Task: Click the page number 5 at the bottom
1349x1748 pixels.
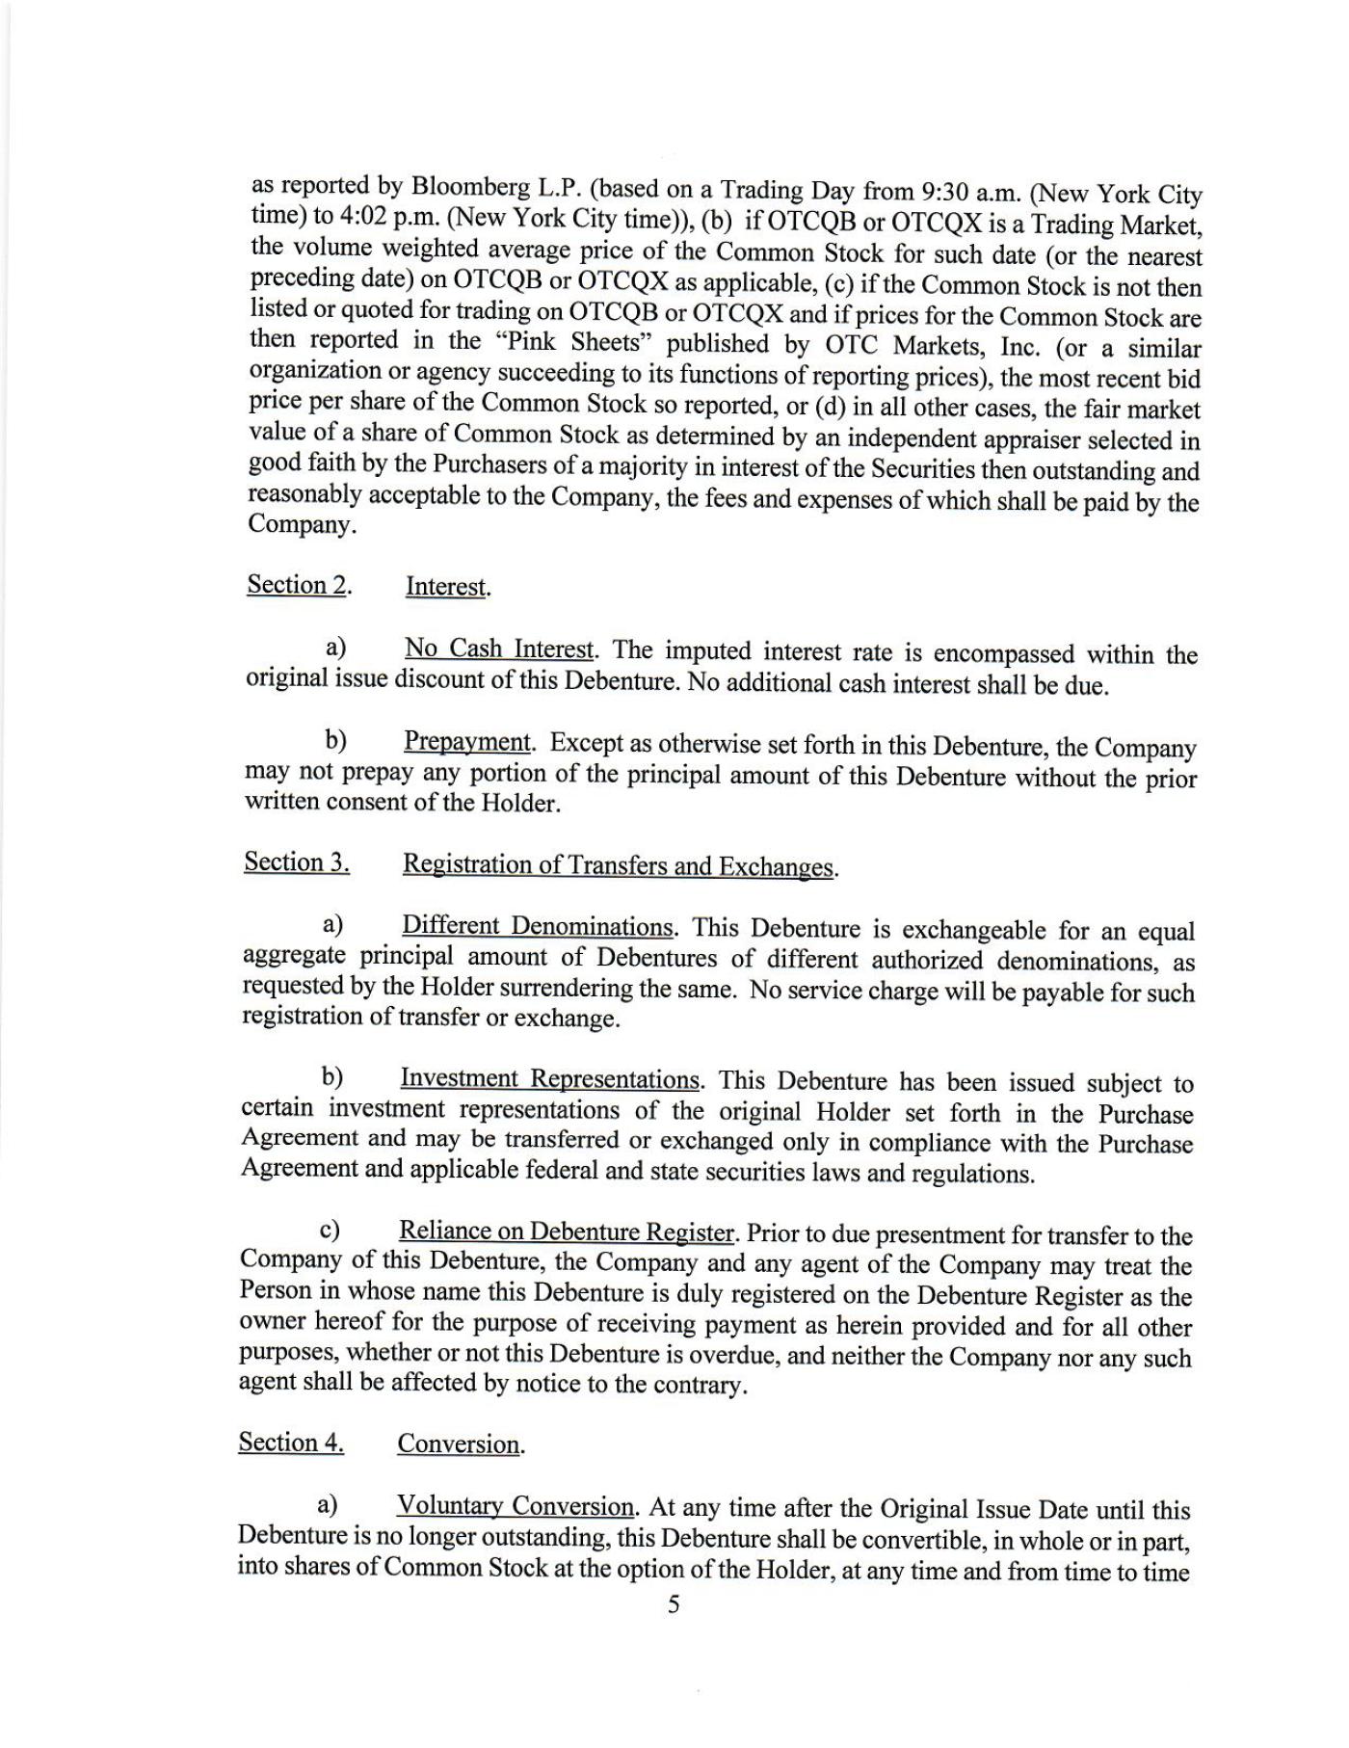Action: click(674, 1604)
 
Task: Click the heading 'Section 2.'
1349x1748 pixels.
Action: click(299, 585)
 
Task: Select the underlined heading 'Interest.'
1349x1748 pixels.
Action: click(448, 587)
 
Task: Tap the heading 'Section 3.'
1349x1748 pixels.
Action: click(297, 862)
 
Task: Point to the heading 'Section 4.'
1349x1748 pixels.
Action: click(291, 1443)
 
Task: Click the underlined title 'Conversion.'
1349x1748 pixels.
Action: click(461, 1444)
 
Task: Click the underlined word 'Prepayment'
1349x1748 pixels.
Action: click(467, 742)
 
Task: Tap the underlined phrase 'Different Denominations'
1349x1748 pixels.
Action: click(538, 927)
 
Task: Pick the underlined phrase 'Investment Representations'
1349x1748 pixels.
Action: click(550, 1078)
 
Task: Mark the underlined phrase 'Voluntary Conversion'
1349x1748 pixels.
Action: click(516, 1506)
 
